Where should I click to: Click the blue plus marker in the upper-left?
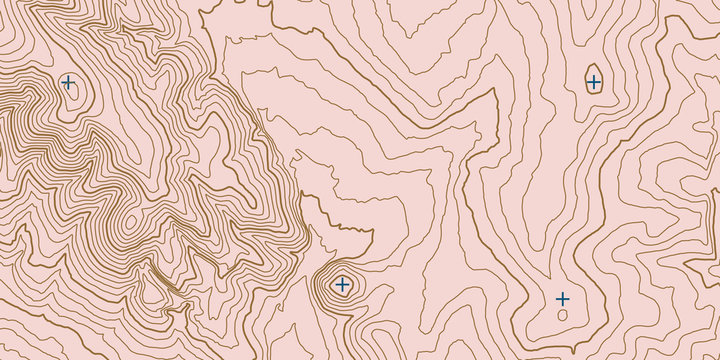point(68,82)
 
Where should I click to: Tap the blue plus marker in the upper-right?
point(594,82)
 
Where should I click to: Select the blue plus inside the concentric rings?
point(343,285)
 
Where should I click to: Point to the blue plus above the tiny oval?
point(563,299)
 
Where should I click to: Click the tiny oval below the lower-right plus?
point(563,315)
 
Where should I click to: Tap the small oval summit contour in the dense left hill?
point(128,221)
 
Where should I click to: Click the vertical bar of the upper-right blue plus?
point(594,76)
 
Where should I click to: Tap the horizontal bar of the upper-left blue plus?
point(63,82)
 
